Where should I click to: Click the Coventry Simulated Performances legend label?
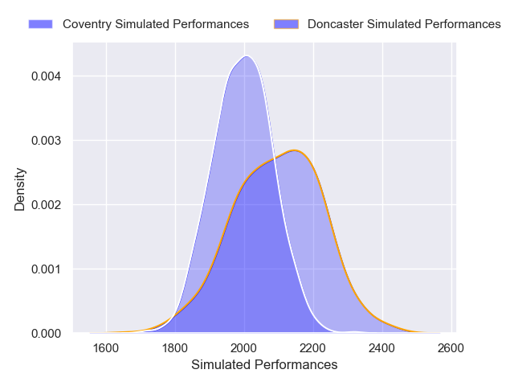coord(156,24)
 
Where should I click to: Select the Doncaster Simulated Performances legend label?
coord(404,24)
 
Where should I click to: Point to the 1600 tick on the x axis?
coord(106,348)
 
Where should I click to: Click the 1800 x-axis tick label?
coord(175,348)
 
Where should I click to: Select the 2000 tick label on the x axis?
coord(244,348)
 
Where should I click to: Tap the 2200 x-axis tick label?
coord(313,348)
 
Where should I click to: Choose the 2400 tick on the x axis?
coord(382,348)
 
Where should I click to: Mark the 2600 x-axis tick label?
coord(451,348)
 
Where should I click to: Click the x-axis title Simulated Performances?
coord(264,365)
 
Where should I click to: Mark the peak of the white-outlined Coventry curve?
coord(246,56)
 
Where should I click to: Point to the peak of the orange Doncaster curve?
coord(295,150)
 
